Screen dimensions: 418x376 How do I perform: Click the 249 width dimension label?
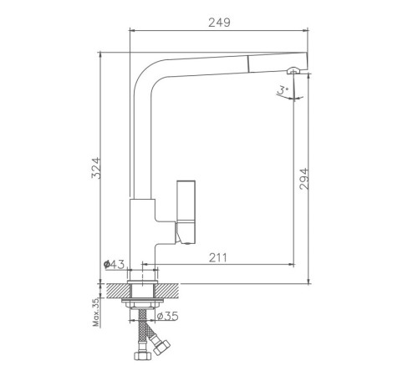point(219,23)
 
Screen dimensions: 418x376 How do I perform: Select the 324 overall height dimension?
point(96,168)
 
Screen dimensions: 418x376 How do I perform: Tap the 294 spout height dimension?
point(304,179)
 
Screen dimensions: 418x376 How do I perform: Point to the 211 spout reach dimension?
point(218,258)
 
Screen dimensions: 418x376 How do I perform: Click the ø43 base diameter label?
point(114,264)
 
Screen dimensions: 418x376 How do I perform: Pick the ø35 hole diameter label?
point(167,316)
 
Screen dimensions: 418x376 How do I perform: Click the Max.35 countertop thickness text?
point(96,312)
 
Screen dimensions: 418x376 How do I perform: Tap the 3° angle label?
point(283,89)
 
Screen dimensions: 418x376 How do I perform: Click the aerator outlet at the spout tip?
point(293,71)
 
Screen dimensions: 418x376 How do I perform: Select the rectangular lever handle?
point(186,211)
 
